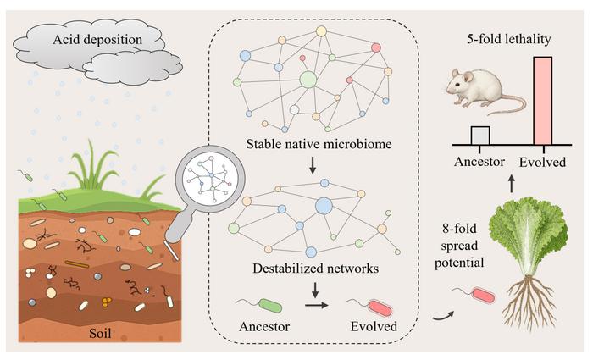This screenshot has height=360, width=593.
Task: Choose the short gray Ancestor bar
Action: [x=480, y=136]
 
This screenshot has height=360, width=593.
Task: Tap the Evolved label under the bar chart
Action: [x=541, y=161]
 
